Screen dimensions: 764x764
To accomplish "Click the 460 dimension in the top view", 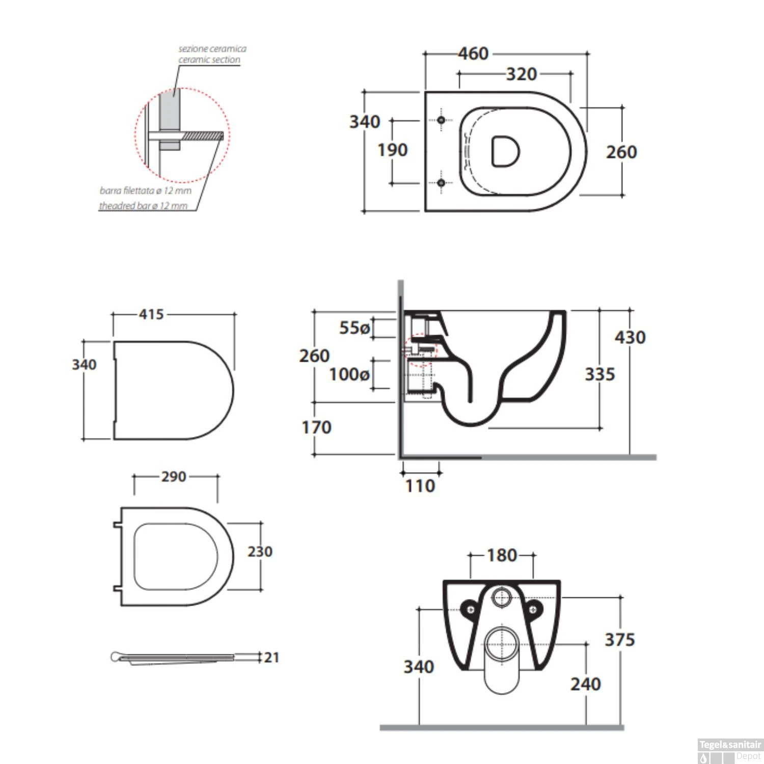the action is (473, 53).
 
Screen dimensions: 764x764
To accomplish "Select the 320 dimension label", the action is (522, 74).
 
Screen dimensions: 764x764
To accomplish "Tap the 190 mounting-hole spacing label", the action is (392, 150).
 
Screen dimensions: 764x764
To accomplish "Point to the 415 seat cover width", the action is (152, 314).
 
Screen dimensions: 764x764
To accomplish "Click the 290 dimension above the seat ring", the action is (174, 477).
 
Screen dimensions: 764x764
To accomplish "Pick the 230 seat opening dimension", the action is (260, 552).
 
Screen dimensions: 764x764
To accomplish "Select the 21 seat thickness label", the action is (271, 658).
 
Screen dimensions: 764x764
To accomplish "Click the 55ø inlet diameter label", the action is (354, 328).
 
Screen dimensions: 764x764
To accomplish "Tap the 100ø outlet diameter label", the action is (349, 375).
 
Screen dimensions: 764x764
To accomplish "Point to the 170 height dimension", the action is (316, 427).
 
